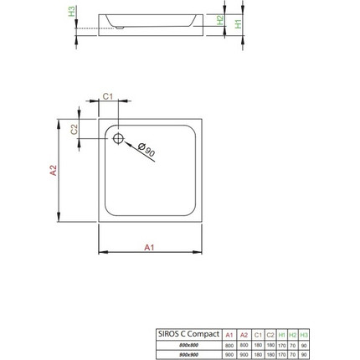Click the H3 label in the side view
click(72, 11)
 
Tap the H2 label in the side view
click(219, 18)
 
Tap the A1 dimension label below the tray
click(149, 248)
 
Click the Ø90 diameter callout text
click(146, 150)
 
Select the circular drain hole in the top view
click(118, 138)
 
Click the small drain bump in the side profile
click(122, 27)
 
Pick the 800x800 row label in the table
click(188, 345)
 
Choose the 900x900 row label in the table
click(188, 354)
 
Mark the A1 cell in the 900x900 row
click(229, 354)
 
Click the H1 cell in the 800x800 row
click(281, 345)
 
